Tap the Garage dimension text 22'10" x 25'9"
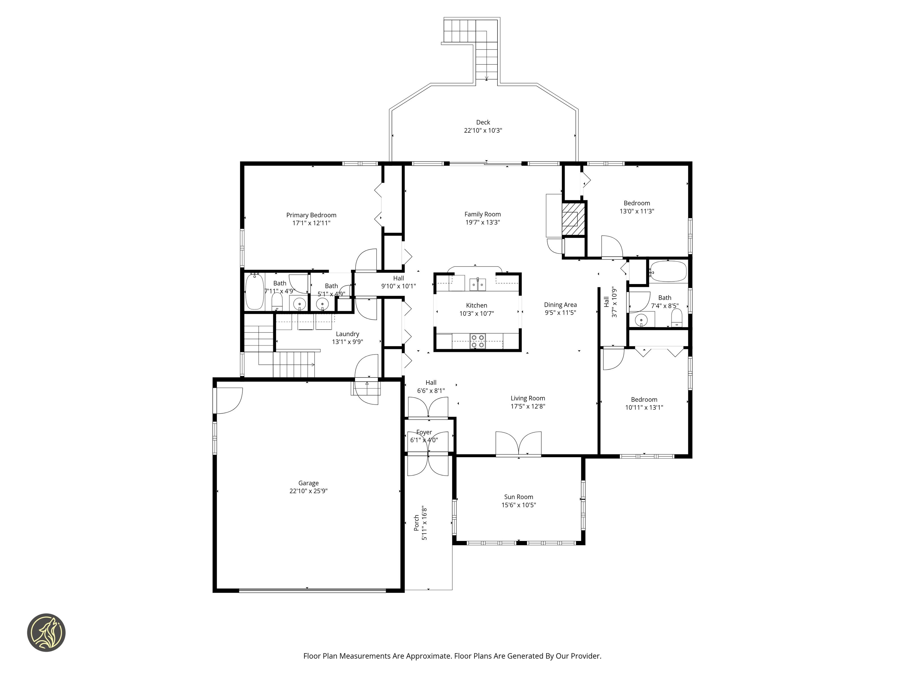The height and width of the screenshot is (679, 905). point(309,491)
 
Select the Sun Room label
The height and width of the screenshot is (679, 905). point(518,497)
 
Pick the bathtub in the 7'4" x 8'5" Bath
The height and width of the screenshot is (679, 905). point(668,271)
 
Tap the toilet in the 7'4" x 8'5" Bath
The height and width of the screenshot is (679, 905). point(677,318)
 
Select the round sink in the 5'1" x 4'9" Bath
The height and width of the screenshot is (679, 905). point(322,304)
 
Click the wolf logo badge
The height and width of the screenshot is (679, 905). point(46,632)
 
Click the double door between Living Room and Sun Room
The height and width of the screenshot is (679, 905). point(518,443)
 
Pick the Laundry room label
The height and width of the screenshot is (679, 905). point(347,334)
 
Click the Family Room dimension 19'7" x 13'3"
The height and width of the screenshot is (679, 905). point(482,223)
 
